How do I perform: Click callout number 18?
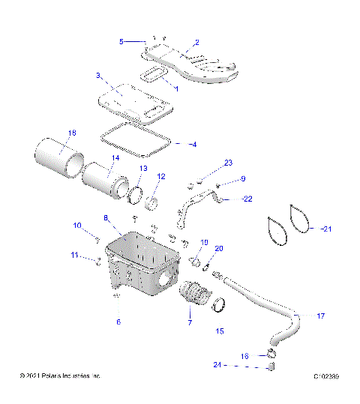[x=72, y=133]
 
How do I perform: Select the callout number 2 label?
[x=196, y=43]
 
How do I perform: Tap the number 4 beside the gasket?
[x=193, y=143]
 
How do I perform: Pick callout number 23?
[x=229, y=163]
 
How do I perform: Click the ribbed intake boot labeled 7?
[x=193, y=295]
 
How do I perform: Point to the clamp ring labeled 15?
[x=220, y=304]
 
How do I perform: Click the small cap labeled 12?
[x=154, y=202]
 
